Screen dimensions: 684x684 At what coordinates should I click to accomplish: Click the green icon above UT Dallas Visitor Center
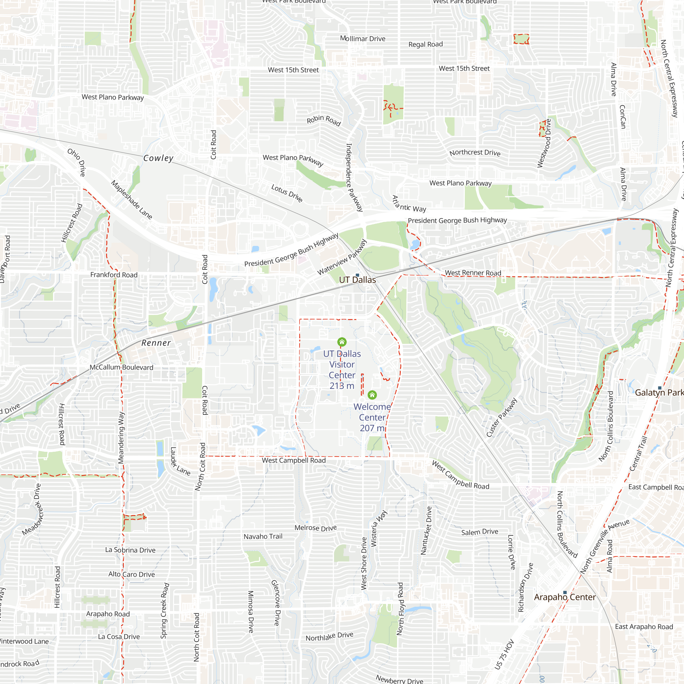[342, 342]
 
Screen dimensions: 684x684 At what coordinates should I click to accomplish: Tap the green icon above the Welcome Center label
[372, 395]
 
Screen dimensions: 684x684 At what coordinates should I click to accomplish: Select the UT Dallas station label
[357, 280]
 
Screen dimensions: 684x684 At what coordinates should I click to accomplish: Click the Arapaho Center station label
[565, 597]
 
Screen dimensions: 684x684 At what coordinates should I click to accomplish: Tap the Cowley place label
[158, 158]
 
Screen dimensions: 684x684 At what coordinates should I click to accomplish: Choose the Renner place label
[156, 343]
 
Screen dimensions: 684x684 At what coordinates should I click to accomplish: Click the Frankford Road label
[114, 275]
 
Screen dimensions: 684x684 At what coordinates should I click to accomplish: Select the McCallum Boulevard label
[121, 367]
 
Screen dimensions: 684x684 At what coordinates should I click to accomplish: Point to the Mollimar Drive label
[363, 39]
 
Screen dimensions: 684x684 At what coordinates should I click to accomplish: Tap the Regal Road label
[425, 44]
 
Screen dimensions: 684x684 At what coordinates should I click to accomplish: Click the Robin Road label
[324, 120]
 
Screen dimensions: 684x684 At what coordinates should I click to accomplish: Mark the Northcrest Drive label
[475, 153]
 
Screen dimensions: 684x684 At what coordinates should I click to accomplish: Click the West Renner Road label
[473, 273]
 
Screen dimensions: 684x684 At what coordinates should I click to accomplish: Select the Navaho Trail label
[263, 537]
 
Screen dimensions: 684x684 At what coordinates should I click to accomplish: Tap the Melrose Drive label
[315, 528]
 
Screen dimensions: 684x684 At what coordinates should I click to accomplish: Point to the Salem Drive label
[479, 532]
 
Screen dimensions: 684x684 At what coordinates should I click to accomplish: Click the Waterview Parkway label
[342, 258]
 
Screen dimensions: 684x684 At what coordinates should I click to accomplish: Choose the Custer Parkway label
[501, 418]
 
